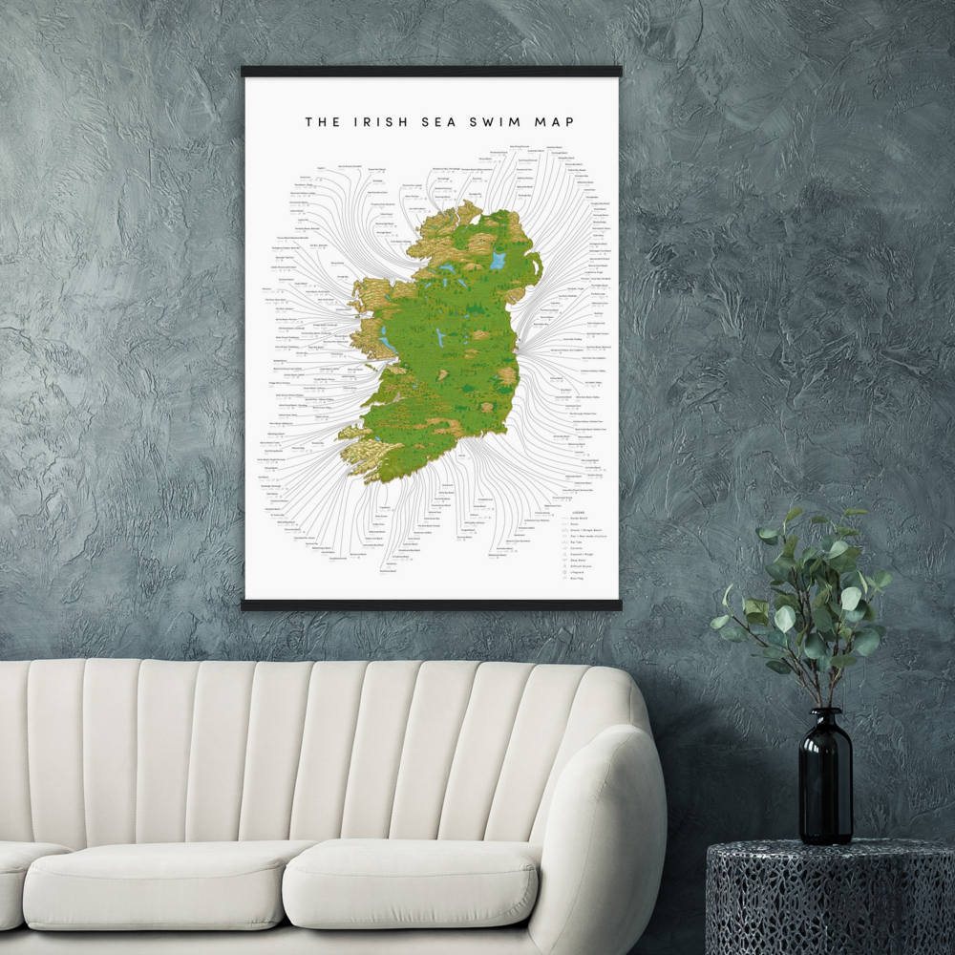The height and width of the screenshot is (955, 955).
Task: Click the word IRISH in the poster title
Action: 377,121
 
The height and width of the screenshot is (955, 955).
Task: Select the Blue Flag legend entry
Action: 575,578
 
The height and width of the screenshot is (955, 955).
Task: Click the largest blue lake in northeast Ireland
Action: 497,259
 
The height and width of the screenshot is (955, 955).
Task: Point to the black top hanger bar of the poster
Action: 431,72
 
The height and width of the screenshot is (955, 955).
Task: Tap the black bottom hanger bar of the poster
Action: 431,605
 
